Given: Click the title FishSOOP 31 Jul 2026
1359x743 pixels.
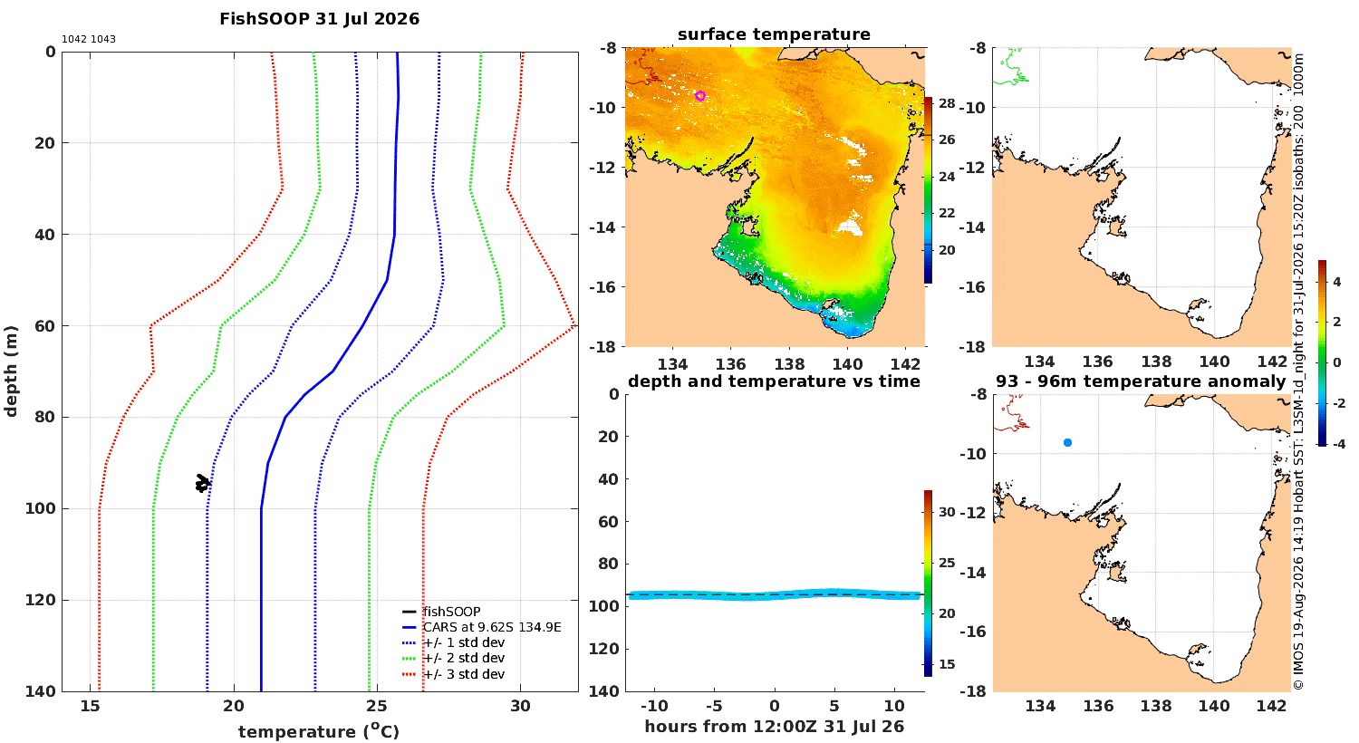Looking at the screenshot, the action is click(319, 19).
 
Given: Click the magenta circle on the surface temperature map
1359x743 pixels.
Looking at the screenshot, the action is click(700, 96).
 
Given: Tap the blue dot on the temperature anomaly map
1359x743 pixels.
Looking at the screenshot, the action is click(1068, 443).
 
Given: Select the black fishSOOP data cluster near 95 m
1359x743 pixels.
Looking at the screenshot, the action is click(203, 484).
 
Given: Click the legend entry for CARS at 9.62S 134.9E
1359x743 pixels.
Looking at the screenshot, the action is click(492, 627).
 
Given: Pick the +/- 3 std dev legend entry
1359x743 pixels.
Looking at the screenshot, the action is click(464, 674).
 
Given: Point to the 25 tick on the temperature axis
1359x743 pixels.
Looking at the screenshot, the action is click(377, 706).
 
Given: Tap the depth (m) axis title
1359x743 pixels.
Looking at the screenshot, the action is click(10, 371).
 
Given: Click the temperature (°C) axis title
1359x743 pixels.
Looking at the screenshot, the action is click(319, 731).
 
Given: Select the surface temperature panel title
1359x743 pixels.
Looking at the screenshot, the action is click(774, 34).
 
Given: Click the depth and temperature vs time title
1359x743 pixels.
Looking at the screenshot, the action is click(774, 381).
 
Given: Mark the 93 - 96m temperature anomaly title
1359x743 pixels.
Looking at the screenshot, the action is click(1141, 381).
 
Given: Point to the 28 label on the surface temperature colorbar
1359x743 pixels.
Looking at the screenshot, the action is click(947, 103).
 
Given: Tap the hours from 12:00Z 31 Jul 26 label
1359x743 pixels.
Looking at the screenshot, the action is click(774, 726).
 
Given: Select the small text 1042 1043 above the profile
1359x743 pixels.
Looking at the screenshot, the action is click(89, 40).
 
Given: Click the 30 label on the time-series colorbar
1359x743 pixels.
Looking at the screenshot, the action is click(947, 512).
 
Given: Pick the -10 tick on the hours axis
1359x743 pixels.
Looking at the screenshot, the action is click(654, 706).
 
